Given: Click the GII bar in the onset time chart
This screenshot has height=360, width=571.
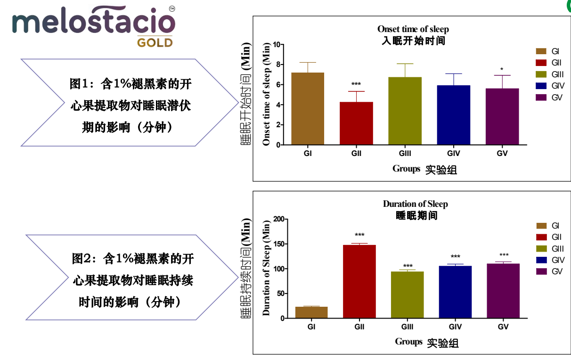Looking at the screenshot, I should (x=356, y=123).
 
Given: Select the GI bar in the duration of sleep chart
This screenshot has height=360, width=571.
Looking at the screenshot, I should (x=311, y=312).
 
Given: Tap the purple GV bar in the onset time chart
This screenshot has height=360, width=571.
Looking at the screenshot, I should (x=502, y=116).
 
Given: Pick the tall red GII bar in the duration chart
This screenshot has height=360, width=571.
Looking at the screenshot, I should (x=359, y=282).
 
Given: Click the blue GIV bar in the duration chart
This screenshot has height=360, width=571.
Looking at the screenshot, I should (x=455, y=292).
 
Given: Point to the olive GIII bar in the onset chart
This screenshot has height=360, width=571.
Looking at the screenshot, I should (x=405, y=111).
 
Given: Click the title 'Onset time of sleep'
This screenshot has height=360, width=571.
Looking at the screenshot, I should (x=413, y=29).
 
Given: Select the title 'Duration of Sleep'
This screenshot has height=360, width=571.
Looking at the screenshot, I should (x=415, y=204).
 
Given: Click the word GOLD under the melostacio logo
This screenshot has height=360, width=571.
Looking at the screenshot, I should (x=155, y=43).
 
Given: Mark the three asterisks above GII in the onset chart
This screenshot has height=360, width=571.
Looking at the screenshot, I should (x=356, y=84).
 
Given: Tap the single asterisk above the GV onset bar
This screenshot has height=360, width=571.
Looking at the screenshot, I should (x=502, y=69).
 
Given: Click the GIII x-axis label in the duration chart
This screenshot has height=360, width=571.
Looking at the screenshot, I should (x=408, y=327).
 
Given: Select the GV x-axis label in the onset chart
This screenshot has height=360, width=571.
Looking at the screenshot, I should (x=502, y=154).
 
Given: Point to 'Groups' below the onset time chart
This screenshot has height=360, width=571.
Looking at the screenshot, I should (x=406, y=169).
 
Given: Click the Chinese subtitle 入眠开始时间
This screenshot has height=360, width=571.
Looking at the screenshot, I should (x=413, y=41).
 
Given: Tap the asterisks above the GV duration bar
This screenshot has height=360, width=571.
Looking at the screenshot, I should (x=504, y=255).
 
